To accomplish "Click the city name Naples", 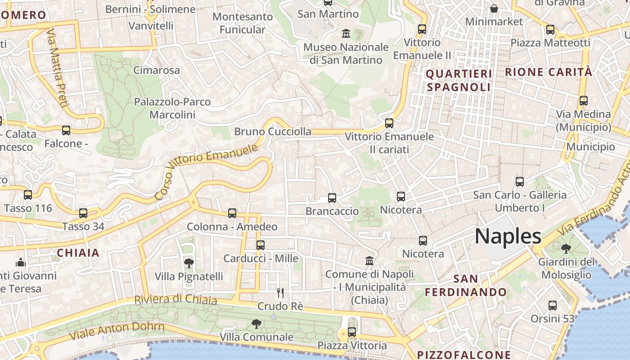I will (508, 236).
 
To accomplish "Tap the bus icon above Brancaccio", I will (332, 198).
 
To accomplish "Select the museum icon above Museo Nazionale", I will (346, 33).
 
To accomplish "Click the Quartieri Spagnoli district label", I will (459, 80).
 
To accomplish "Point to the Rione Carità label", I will (549, 72).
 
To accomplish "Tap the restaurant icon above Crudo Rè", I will (280, 293).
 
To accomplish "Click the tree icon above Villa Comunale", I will (256, 324).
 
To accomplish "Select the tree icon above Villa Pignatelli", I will (189, 263).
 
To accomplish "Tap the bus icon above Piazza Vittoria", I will (352, 332).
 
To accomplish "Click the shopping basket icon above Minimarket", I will (494, 9).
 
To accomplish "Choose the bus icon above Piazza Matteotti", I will (550, 30).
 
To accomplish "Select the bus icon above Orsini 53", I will (553, 306).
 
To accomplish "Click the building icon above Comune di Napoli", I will (369, 261).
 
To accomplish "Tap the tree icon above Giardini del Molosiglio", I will (566, 248).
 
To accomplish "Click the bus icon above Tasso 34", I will (83, 213).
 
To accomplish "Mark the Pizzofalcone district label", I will (464, 355).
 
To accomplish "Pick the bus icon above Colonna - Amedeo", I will (232, 213).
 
